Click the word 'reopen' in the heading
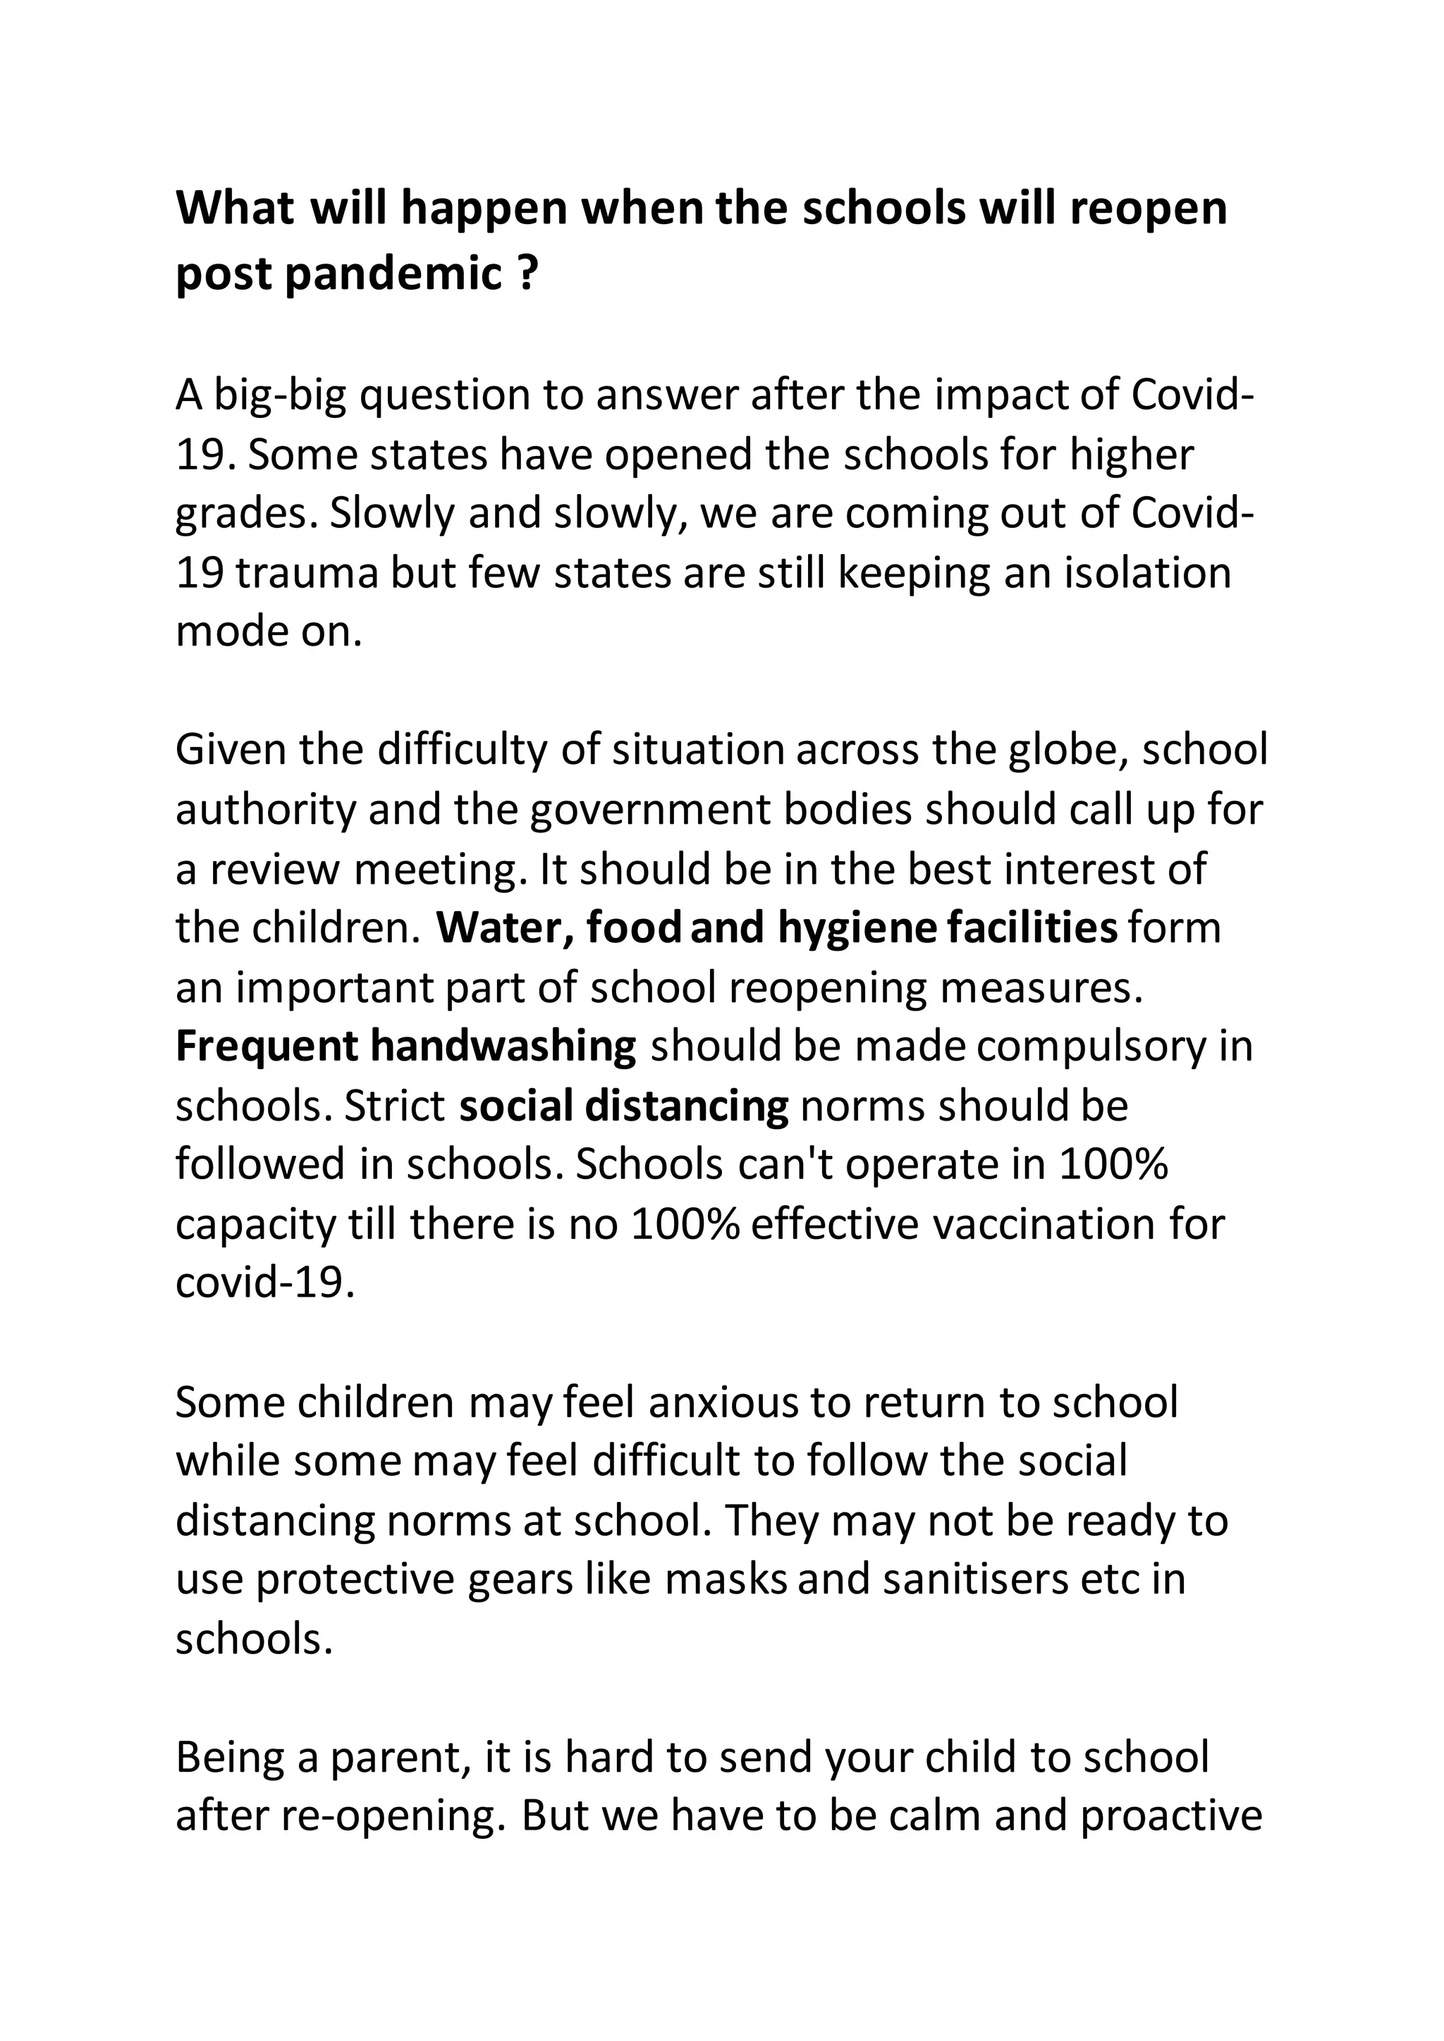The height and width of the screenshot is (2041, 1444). [x=1147, y=210]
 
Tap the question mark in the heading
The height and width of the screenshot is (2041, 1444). [x=527, y=275]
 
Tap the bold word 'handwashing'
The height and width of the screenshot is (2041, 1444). [x=503, y=1047]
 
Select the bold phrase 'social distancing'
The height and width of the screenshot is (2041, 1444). [x=623, y=1106]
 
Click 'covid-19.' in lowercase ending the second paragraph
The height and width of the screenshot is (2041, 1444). [x=265, y=1283]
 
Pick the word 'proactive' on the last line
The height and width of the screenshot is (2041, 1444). [x=1171, y=1817]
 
